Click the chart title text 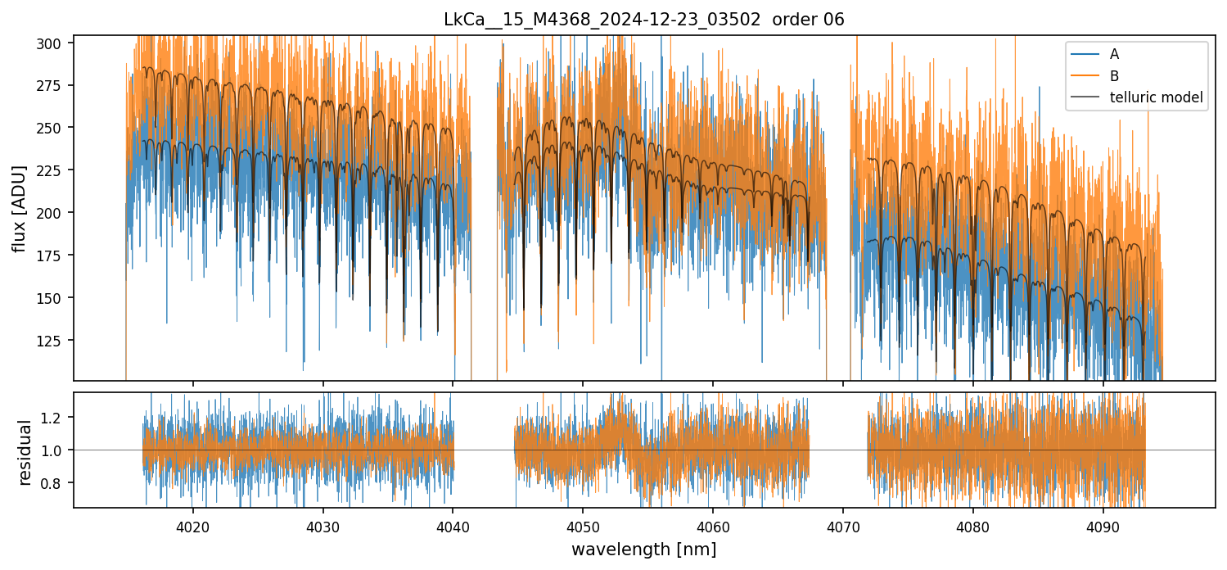(x=643, y=20)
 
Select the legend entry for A (x=1114, y=54)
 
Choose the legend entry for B (x=1114, y=76)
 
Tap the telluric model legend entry (x=1156, y=97)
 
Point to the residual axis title (x=25, y=452)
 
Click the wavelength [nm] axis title (x=643, y=550)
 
